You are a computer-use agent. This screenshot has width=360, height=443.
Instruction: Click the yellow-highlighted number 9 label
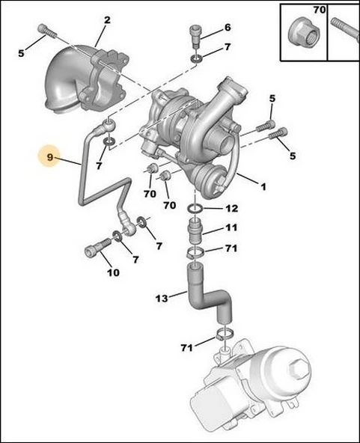tap(50, 158)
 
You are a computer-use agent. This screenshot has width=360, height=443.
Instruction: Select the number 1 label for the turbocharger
tap(262, 186)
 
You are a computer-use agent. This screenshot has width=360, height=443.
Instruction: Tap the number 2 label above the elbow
tap(107, 20)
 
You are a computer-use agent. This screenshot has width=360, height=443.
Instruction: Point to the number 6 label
tap(228, 29)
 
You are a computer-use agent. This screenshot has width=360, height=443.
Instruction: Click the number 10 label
tap(112, 272)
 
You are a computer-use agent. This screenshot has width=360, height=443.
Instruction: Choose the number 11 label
tap(231, 228)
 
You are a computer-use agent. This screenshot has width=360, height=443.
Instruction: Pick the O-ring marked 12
tap(194, 208)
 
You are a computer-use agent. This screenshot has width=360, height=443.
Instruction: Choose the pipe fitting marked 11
tap(195, 228)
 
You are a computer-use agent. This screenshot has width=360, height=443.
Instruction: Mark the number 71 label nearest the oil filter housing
tap(186, 347)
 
